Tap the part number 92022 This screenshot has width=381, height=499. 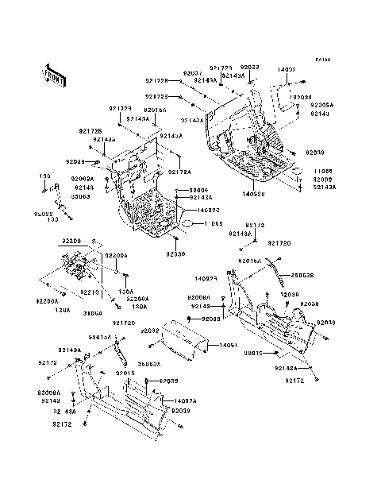[x=43, y=213]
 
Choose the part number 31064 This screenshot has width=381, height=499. [x=94, y=311]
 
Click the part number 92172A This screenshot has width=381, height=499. [x=180, y=172]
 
